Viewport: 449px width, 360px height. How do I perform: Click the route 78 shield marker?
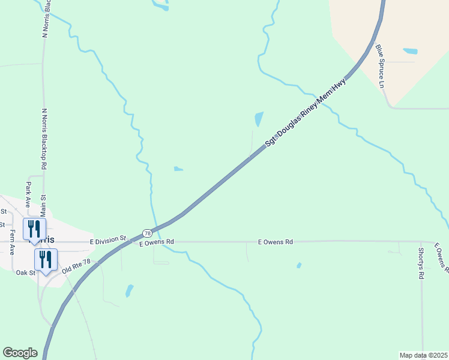[147, 233]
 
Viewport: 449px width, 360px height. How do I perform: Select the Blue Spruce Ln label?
[379, 66]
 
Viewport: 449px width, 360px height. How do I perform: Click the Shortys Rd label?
[421, 264]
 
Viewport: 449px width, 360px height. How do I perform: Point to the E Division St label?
[108, 240]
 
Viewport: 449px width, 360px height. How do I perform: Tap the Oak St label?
[25, 272]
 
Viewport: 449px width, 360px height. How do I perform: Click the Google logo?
[20, 353]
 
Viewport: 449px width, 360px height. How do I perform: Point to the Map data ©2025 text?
[424, 355]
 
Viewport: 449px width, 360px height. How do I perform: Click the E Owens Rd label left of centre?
[157, 242]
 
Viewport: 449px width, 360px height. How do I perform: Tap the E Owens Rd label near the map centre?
[276, 242]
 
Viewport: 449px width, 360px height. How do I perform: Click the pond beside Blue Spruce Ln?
[411, 51]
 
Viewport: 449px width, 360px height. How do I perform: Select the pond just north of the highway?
[259, 119]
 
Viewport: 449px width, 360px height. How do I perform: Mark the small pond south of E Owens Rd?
[129, 291]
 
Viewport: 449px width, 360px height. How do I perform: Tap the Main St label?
[43, 206]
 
